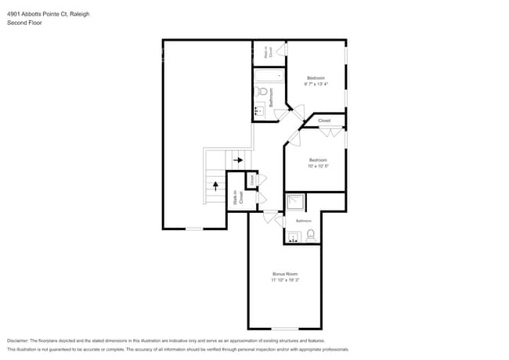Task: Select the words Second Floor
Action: pyautogui.click(x=24, y=23)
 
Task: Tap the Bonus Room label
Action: pyautogui.click(x=285, y=274)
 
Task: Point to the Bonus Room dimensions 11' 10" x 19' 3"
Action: pyautogui.click(x=285, y=279)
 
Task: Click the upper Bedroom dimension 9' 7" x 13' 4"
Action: pyautogui.click(x=316, y=84)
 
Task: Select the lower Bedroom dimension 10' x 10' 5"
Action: pyautogui.click(x=317, y=166)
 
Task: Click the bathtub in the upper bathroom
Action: pyautogui.click(x=268, y=77)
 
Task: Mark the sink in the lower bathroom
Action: pyautogui.click(x=294, y=237)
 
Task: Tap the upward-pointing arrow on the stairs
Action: pyautogui.click(x=215, y=185)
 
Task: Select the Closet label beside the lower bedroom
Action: pyautogui.click(x=324, y=121)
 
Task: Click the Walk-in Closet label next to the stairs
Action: pyautogui.click(x=238, y=199)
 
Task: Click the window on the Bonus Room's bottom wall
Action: pyautogui.click(x=285, y=329)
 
